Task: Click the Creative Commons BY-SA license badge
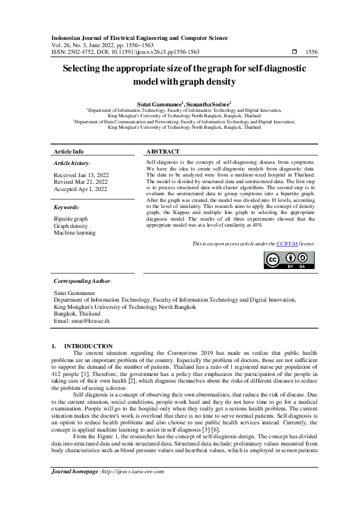289,259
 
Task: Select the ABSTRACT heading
163,152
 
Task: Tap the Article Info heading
69,152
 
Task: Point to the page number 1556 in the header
312,53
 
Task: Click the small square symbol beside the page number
294,53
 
